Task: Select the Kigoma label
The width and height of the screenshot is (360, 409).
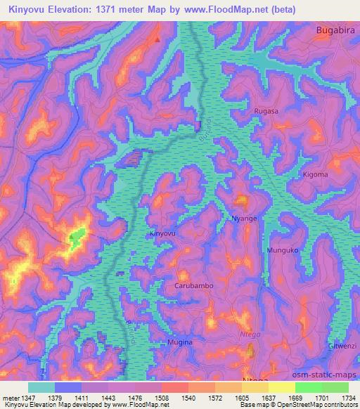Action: (x=314, y=174)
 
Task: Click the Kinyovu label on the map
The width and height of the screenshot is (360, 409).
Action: (x=162, y=233)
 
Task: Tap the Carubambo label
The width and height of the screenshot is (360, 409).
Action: (x=193, y=286)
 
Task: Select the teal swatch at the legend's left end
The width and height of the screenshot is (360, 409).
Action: (x=41, y=387)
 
